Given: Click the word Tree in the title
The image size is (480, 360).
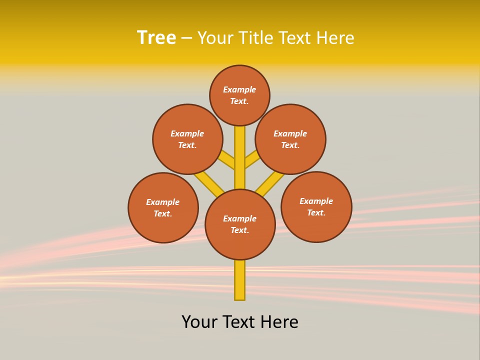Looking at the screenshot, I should pyautogui.click(x=156, y=37).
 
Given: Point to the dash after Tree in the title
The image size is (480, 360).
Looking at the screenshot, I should pyautogui.click(x=186, y=38).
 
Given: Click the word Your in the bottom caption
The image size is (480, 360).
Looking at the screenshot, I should pyautogui.click(x=199, y=322).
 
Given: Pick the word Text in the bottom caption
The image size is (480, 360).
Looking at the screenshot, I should pyautogui.click(x=238, y=322).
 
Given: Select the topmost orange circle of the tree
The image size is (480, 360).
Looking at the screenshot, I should pyautogui.click(x=239, y=95).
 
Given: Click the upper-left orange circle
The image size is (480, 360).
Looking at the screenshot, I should pyautogui.click(x=187, y=139).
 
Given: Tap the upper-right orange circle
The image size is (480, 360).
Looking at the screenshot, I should pyautogui.click(x=290, y=139).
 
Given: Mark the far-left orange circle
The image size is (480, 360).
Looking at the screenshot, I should pyautogui.click(x=163, y=207).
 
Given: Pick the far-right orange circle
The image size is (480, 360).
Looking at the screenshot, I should pyautogui.click(x=316, y=206).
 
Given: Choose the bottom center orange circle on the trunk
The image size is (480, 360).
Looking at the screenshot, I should pyautogui.click(x=240, y=224).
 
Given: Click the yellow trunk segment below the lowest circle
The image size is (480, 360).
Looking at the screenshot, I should pyautogui.click(x=240, y=280).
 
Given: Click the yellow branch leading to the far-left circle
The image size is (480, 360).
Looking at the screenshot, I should pyautogui.click(x=209, y=184).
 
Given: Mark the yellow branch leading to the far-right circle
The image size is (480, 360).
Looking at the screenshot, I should pyautogui.click(x=270, y=184).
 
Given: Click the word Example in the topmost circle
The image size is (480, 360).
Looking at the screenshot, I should pyautogui.click(x=239, y=89).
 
